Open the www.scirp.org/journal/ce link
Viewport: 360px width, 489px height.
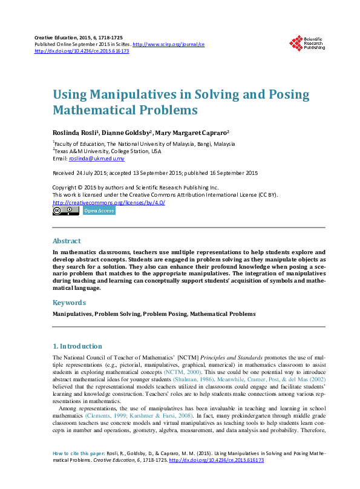[168, 44]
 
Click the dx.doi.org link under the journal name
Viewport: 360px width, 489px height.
[82, 51]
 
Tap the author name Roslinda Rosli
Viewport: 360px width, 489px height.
[75, 132]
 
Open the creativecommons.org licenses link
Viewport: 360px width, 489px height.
[109, 202]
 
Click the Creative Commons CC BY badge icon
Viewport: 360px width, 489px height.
[66, 211]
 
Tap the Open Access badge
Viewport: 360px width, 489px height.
[99, 211]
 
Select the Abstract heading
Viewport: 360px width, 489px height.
[67, 240]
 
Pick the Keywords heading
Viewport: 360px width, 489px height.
[69, 302]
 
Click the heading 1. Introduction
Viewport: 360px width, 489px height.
[77, 346]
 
